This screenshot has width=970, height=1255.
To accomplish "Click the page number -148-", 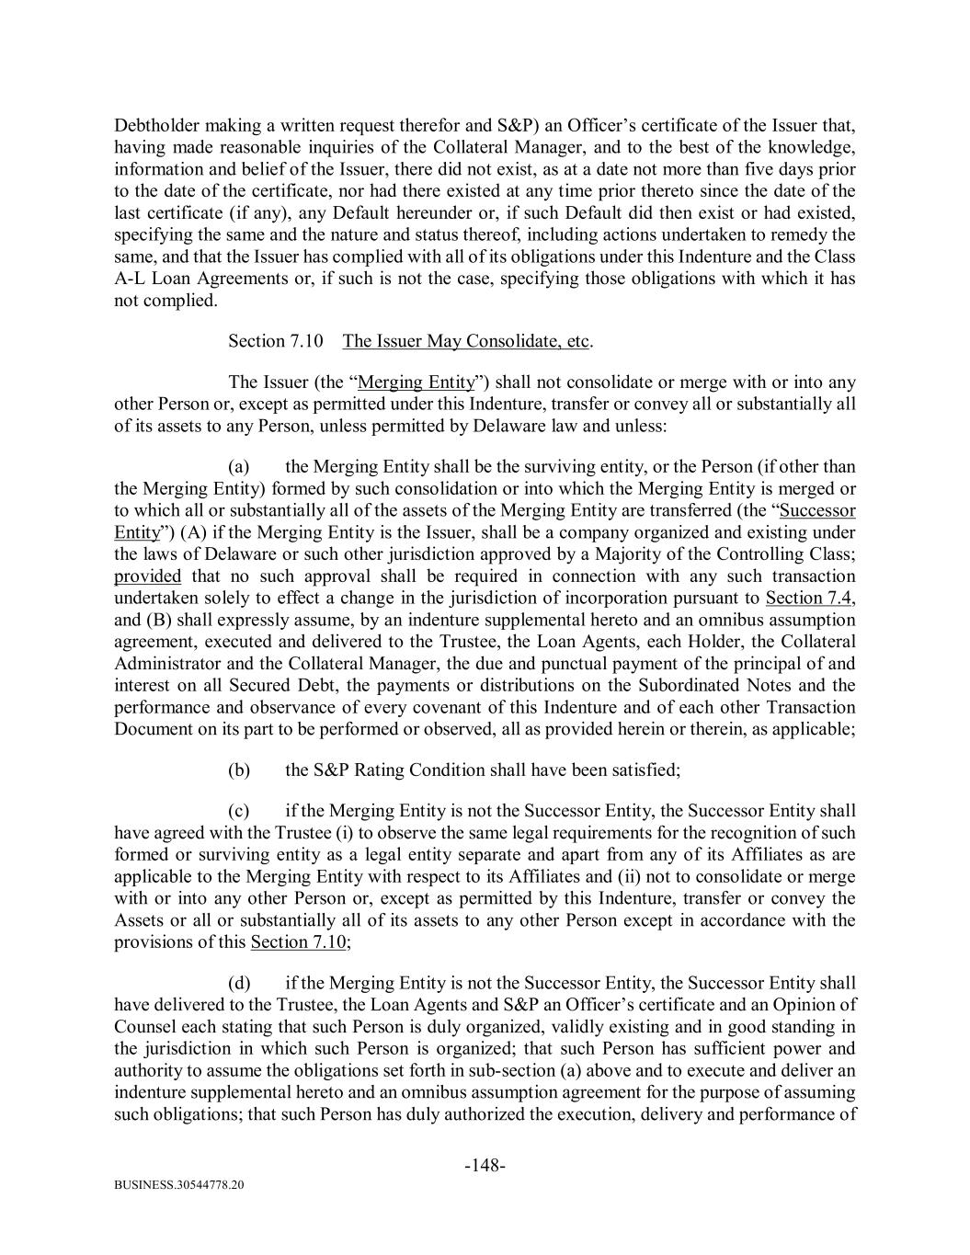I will coord(485,1166).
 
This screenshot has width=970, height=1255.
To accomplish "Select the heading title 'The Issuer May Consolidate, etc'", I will coord(466,341).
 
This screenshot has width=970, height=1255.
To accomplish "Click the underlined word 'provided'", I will coord(147,576).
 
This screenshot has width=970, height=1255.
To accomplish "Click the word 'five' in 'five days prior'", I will coord(778,170).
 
